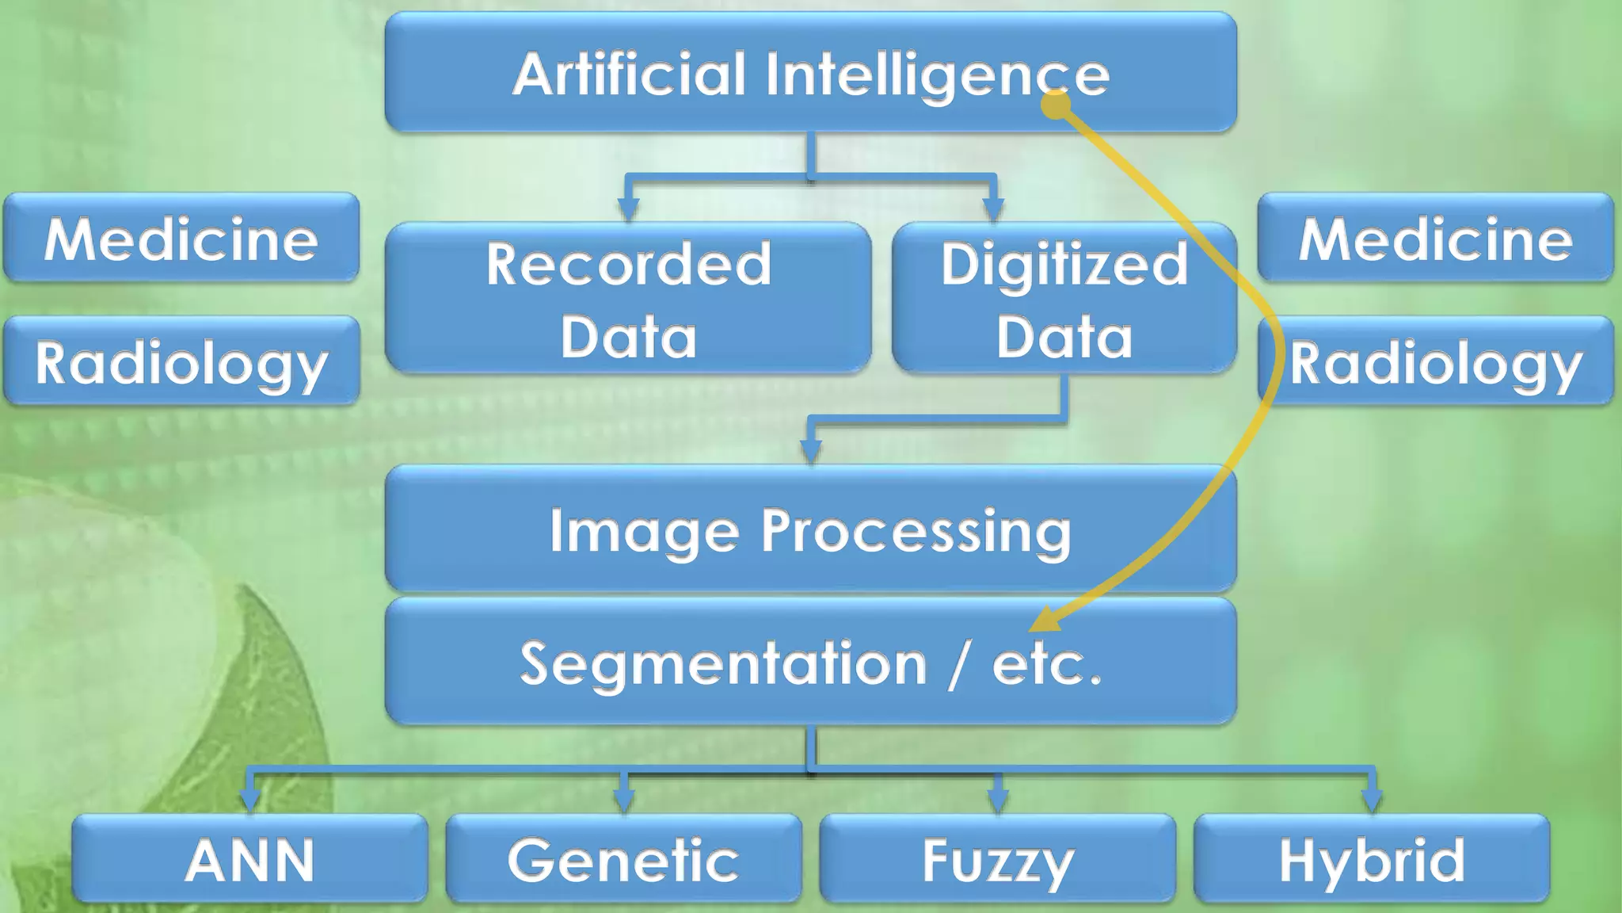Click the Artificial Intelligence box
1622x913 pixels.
click(810, 72)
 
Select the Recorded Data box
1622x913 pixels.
click(628, 298)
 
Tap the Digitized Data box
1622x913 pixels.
click(1064, 298)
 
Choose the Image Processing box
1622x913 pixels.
click(810, 529)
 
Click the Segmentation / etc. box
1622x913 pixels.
click(810, 662)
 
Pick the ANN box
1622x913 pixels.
click(249, 859)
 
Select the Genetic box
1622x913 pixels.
click(623, 859)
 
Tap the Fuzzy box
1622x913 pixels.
click(997, 859)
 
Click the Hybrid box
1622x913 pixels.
click(1371, 859)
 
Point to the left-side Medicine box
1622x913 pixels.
click(181, 238)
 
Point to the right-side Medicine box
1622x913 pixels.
click(1435, 238)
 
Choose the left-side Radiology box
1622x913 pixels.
click(181, 361)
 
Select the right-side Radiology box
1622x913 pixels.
click(1435, 361)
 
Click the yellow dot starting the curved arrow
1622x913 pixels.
click(1056, 105)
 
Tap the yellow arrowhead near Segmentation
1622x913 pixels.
click(1044, 620)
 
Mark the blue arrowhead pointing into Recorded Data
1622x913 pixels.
click(628, 209)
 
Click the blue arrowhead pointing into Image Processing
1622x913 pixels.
click(810, 451)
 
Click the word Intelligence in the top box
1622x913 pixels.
click(937, 74)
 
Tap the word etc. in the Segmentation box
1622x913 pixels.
click(1046, 663)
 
